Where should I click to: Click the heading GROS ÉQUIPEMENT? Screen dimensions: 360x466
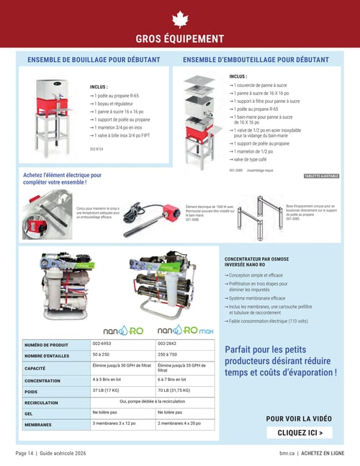pyautogui.click(x=180, y=39)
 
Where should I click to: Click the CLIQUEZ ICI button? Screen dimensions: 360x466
pyautogui.click(x=300, y=433)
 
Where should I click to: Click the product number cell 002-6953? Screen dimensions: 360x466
pyautogui.click(x=102, y=344)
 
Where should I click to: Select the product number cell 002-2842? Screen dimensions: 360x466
pyautogui.click(x=167, y=344)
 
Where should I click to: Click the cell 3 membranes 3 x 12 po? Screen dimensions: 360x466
pyautogui.click(x=118, y=424)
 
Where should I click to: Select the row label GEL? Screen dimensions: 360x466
pyautogui.click(x=29, y=414)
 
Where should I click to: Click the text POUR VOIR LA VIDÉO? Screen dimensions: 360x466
pyautogui.click(x=299, y=418)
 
